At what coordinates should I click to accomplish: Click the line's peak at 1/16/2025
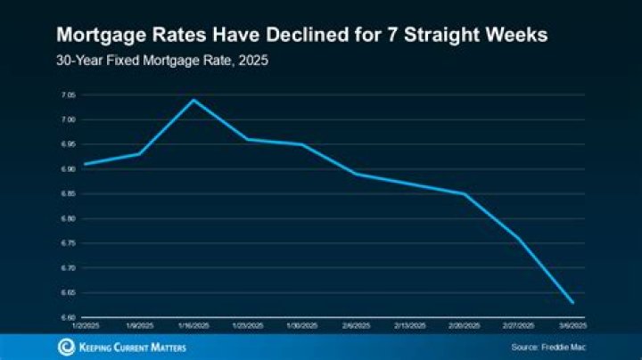point(193,100)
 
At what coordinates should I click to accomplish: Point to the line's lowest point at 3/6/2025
point(572,302)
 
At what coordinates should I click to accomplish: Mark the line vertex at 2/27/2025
point(518,238)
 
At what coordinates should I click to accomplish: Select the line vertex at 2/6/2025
point(356,174)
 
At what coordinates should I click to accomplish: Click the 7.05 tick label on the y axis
point(68,94)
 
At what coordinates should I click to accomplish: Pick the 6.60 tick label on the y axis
point(68,316)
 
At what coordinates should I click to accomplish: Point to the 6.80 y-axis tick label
point(68,218)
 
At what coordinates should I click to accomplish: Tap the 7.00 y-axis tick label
point(68,119)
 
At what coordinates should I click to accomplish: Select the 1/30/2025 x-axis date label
point(301,326)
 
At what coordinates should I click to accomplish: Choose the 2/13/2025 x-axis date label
point(410,326)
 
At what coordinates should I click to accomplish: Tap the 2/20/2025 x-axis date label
point(465,326)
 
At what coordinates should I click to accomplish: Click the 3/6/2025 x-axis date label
point(572,326)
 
